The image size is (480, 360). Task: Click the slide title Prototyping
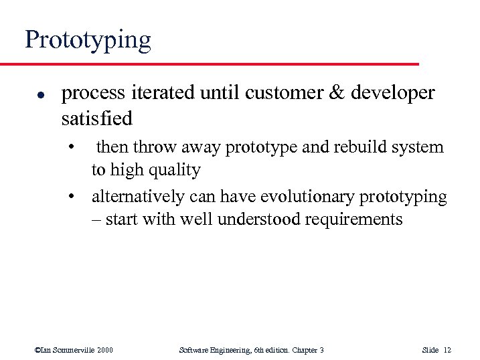click(x=88, y=40)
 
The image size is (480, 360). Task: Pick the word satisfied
click(x=96, y=118)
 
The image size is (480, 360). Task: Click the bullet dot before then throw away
click(x=78, y=147)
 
